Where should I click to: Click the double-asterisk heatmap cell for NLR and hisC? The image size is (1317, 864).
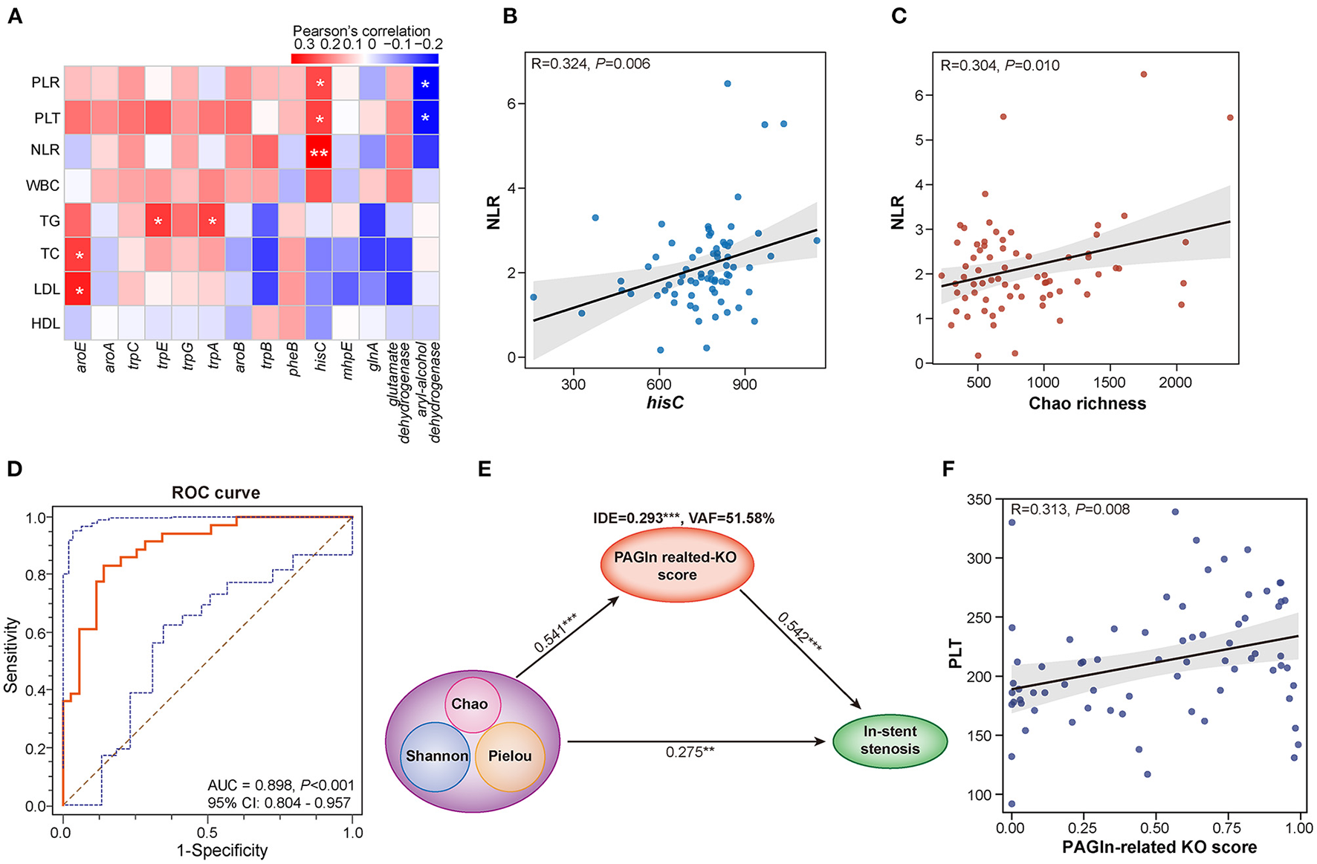click(319, 152)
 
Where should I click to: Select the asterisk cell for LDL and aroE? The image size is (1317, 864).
click(78, 290)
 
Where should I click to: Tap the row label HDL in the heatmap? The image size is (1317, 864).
click(45, 323)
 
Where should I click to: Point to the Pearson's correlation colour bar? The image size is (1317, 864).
click(364, 59)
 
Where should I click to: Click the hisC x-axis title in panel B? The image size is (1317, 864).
click(664, 403)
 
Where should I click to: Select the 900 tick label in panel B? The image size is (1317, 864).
click(744, 384)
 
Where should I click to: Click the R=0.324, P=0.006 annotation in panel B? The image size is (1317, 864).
click(591, 64)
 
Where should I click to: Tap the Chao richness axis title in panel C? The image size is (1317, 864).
click(1087, 403)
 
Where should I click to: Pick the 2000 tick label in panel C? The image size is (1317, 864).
click(1175, 383)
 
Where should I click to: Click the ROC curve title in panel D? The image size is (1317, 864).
click(216, 493)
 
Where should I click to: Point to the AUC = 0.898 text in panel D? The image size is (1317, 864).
click(281, 785)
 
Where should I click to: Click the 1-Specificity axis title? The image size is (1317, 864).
click(221, 851)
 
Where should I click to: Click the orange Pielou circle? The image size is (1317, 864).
click(510, 756)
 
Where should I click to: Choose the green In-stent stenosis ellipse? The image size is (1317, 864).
click(890, 740)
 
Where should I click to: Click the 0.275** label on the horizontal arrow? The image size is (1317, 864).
click(690, 752)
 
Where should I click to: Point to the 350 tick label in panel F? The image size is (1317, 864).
click(980, 500)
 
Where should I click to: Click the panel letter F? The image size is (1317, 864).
click(948, 470)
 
